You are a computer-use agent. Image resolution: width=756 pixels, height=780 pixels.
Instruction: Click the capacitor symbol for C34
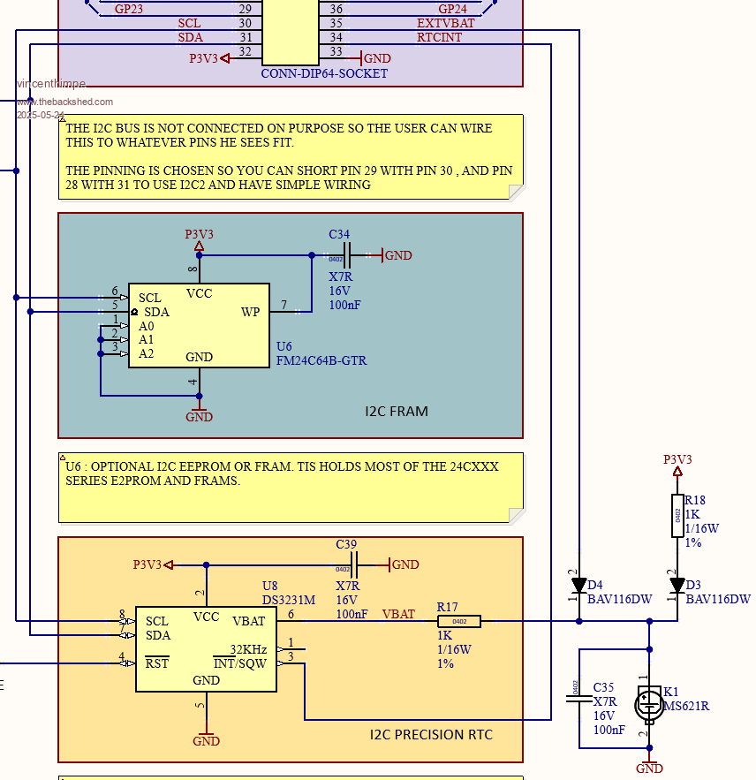pyautogui.click(x=346, y=255)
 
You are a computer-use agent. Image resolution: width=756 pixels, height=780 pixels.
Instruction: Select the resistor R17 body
pyautogui.click(x=459, y=621)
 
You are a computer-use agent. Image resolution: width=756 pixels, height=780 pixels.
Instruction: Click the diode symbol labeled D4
pyautogui.click(x=579, y=585)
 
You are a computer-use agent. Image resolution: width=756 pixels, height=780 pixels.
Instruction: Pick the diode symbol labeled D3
pyautogui.click(x=677, y=585)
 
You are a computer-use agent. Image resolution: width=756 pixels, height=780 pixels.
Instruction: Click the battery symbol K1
pyautogui.click(x=649, y=704)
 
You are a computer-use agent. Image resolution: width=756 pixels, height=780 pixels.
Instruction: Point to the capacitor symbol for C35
pyautogui.click(x=578, y=700)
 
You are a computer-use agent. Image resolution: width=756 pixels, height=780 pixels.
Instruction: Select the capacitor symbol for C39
pyautogui.click(x=353, y=564)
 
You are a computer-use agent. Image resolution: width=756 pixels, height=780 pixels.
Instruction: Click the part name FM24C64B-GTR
pyautogui.click(x=321, y=360)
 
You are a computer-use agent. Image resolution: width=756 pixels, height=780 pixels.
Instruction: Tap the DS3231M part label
pyautogui.click(x=290, y=600)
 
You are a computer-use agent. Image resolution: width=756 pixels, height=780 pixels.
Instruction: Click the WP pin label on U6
pyautogui.click(x=251, y=312)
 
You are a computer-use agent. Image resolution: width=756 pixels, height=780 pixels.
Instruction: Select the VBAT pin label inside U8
pyautogui.click(x=249, y=621)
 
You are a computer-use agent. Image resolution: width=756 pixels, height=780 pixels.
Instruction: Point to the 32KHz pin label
pyautogui.click(x=248, y=649)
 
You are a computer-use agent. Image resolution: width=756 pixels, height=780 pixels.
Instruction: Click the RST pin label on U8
pyautogui.click(x=157, y=663)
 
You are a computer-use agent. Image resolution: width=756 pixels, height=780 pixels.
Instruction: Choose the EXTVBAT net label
pyautogui.click(x=446, y=23)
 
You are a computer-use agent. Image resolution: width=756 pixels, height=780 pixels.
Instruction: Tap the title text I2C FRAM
pyautogui.click(x=397, y=411)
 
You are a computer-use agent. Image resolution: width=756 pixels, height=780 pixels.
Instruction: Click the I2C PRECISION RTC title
pyautogui.click(x=431, y=735)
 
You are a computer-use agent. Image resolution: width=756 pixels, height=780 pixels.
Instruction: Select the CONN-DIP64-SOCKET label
pyautogui.click(x=324, y=73)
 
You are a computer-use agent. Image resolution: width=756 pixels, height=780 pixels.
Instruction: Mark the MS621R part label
pyautogui.click(x=686, y=706)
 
